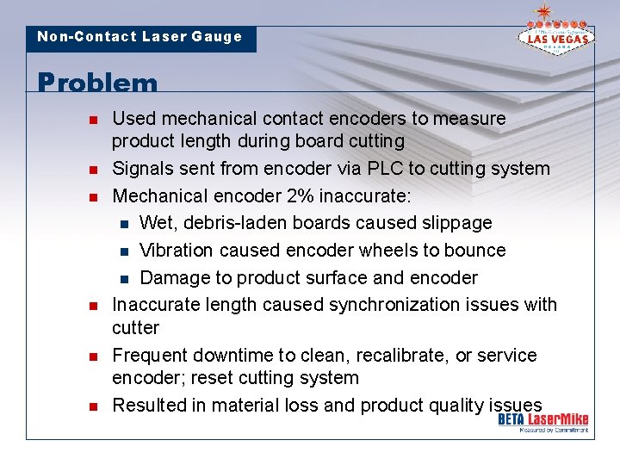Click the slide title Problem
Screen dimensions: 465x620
tap(98, 83)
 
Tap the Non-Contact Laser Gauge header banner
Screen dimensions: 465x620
tap(140, 37)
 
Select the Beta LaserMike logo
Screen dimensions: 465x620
tap(543, 421)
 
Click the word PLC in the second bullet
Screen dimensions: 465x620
tap(371, 168)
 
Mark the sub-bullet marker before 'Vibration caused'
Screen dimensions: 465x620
tap(124, 251)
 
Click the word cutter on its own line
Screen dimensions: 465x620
tap(136, 328)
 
